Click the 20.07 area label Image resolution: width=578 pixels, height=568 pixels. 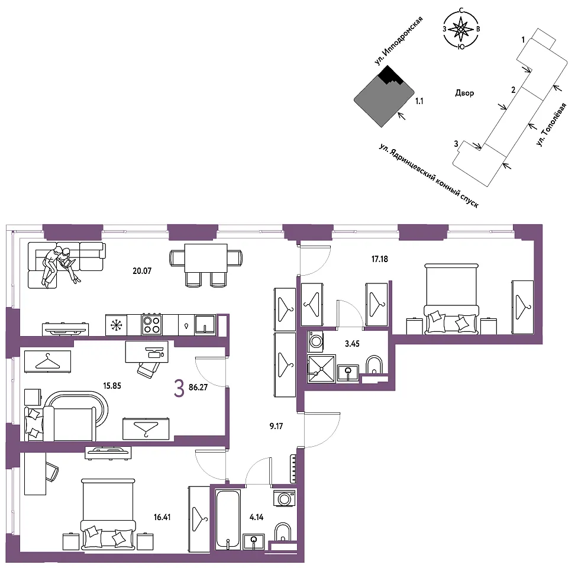(142, 271)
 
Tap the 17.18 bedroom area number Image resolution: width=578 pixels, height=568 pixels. (380, 259)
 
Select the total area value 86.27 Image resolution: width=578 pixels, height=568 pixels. (198, 388)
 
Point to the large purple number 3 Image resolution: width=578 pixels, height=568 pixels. (179, 389)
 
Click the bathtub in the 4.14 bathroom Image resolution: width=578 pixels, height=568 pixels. (228, 519)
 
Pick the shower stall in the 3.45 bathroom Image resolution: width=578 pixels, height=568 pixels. (321, 369)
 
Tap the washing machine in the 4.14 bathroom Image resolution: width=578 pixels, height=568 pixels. (284, 499)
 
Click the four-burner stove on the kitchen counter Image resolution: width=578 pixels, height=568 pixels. (152, 325)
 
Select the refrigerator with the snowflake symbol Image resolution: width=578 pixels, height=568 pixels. (116, 325)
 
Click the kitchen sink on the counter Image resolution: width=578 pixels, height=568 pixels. (205, 325)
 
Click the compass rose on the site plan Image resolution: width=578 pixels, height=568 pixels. (461, 29)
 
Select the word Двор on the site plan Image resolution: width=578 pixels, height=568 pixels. (464, 93)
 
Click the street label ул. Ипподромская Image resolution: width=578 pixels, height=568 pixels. (398, 41)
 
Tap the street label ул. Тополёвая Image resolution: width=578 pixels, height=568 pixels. (551, 125)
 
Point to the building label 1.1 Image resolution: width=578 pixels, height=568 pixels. (419, 101)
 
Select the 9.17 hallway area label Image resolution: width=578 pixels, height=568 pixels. (276, 426)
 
